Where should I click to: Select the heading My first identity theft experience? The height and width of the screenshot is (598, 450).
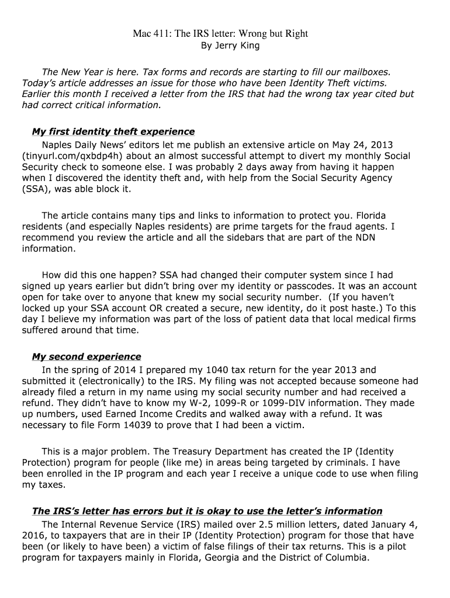click(113, 131)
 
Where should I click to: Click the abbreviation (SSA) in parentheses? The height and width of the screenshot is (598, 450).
click(34, 189)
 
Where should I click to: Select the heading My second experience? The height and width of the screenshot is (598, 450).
click(86, 356)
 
